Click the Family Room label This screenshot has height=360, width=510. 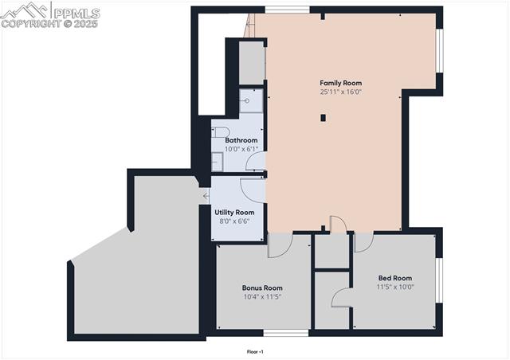[340, 83]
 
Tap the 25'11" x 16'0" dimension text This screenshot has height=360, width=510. [340, 92]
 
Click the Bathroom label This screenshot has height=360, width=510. [241, 140]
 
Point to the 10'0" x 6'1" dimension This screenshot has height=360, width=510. [241, 149]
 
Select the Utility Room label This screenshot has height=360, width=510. [234, 212]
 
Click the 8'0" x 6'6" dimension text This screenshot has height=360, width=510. [234, 221]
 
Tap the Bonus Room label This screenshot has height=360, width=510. [262, 288]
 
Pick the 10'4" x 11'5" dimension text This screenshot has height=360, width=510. [262, 296]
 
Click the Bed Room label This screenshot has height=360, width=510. [395, 278]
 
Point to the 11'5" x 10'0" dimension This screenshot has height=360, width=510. [395, 287]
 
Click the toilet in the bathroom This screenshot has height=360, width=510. [221, 132]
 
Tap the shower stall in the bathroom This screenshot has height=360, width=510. [250, 100]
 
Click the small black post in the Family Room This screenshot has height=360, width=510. [323, 118]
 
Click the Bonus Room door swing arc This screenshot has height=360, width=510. [279, 247]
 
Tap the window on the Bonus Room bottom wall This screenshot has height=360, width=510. [286, 333]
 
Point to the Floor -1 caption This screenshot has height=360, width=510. [255, 351]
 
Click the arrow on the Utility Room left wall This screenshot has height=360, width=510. [206, 195]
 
